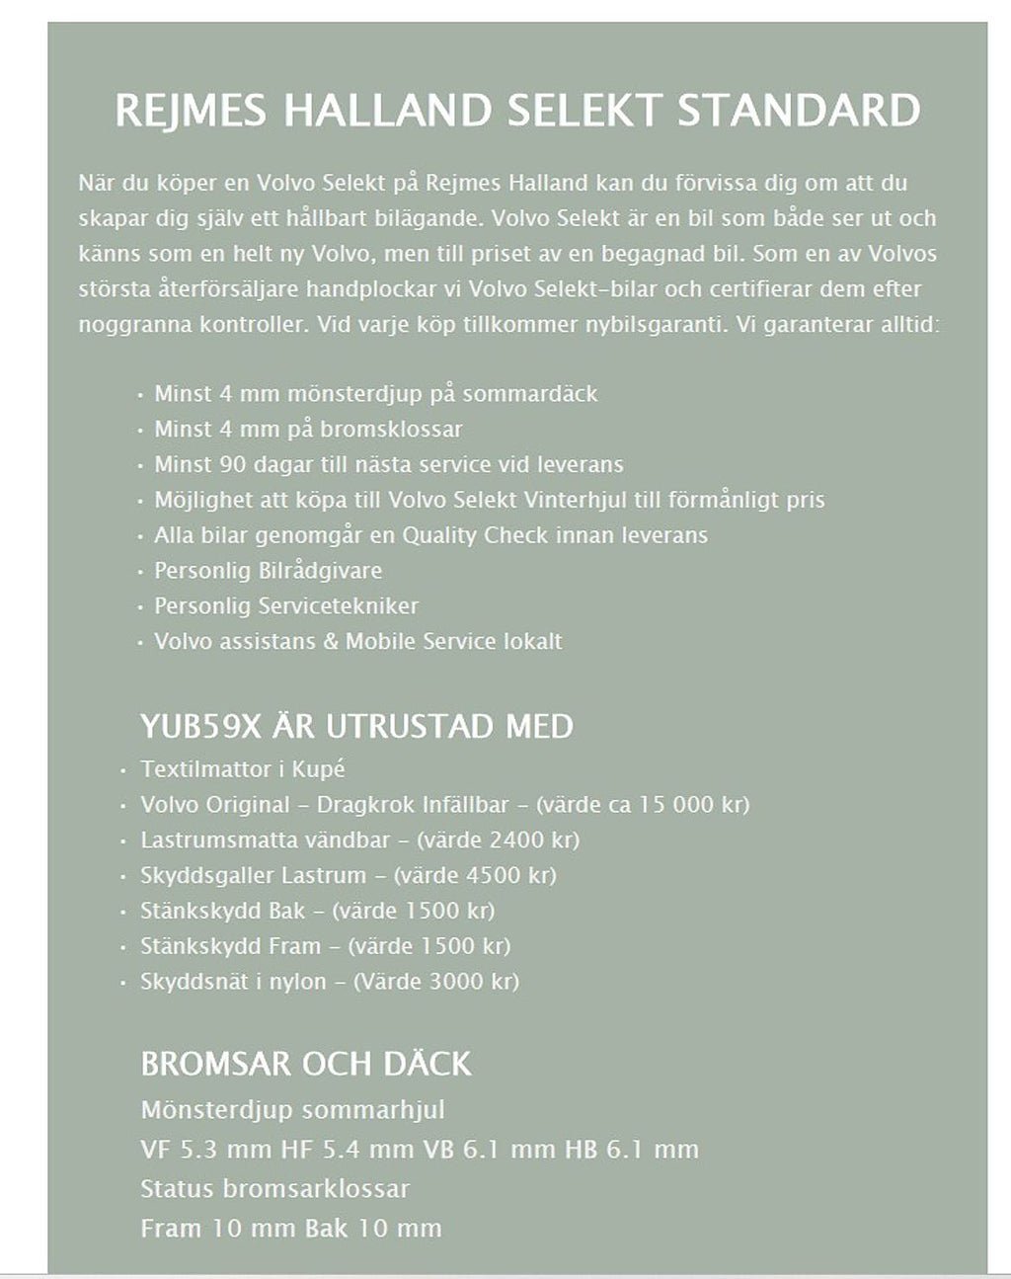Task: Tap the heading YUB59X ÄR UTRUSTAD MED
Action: pos(356,727)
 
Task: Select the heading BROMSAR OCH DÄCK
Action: pos(306,1064)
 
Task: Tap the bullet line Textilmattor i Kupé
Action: pos(243,769)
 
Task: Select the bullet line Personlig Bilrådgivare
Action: pos(268,571)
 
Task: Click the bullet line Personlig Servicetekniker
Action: pos(286,606)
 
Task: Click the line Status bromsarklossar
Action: pos(274,1189)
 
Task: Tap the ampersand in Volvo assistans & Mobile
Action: pos(331,642)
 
